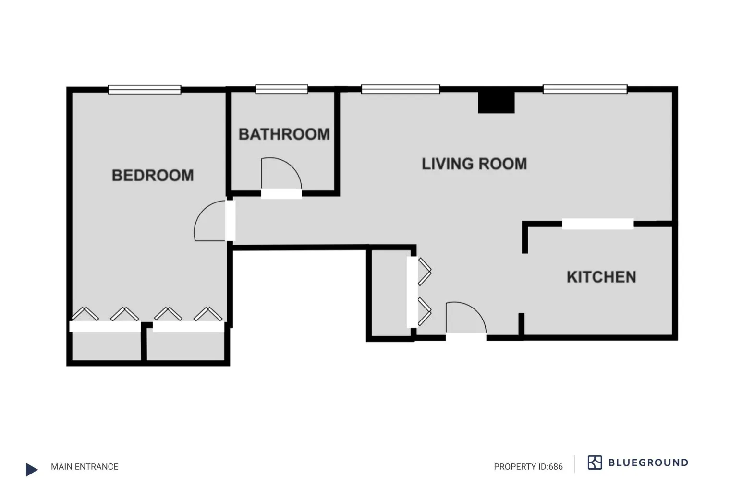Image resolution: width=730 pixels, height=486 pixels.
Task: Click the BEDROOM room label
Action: pyautogui.click(x=153, y=176)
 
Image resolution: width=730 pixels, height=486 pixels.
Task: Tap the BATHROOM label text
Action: pyautogui.click(x=284, y=134)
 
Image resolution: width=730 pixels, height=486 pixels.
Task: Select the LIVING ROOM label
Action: pyautogui.click(x=474, y=164)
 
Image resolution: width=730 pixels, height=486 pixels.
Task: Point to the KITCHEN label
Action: pyautogui.click(x=601, y=277)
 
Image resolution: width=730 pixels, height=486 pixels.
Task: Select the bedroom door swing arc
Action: pyautogui.click(x=208, y=221)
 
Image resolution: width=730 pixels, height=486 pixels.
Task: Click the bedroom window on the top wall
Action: pyautogui.click(x=145, y=90)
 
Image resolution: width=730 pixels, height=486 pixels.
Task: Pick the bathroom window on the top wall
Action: pyautogui.click(x=281, y=89)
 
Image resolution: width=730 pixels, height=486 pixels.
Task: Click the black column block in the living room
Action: pyautogui.click(x=496, y=102)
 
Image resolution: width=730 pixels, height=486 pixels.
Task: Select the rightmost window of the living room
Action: pyautogui.click(x=585, y=89)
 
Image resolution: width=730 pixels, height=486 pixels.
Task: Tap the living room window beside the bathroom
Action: pyautogui.click(x=400, y=89)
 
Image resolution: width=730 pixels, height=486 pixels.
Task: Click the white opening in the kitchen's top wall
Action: pyautogui.click(x=597, y=224)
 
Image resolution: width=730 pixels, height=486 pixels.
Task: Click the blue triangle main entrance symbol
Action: pyautogui.click(x=31, y=469)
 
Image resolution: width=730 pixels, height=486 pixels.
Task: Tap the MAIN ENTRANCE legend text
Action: pyautogui.click(x=85, y=467)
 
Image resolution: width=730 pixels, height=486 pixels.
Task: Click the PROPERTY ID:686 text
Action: pyautogui.click(x=528, y=467)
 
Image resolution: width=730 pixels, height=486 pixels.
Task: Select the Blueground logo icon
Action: pyautogui.click(x=595, y=462)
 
